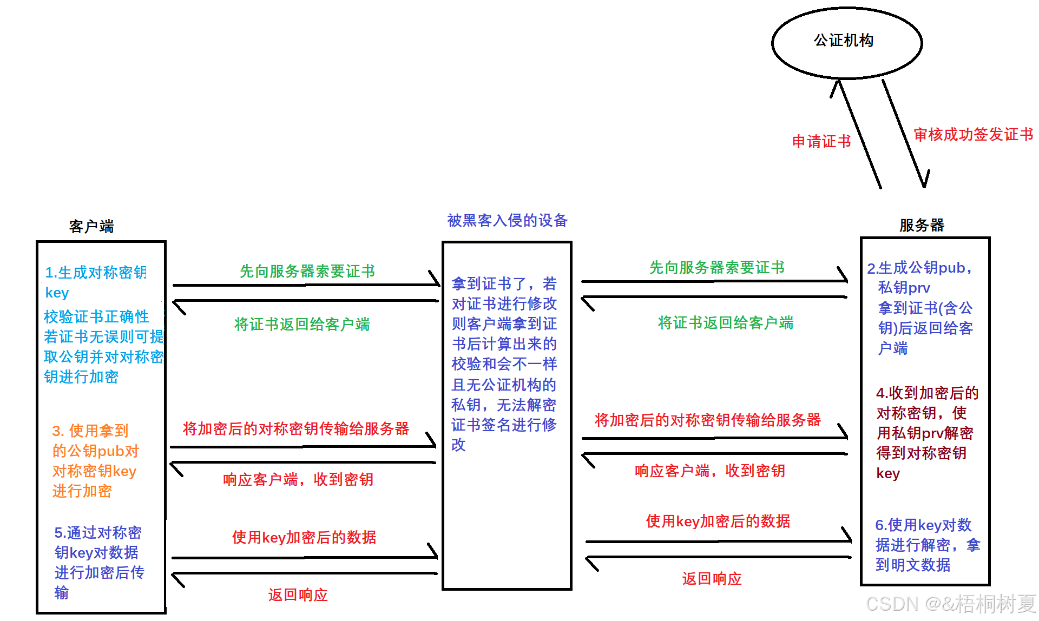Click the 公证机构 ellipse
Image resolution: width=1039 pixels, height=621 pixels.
(x=846, y=42)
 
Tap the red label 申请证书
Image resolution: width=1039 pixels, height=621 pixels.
(x=821, y=142)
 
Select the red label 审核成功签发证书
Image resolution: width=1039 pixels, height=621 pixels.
(x=973, y=134)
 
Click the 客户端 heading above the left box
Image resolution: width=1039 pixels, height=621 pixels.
(x=91, y=226)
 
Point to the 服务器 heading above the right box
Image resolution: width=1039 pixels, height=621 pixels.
(x=922, y=225)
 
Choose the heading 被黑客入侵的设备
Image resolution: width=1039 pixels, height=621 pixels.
(x=507, y=220)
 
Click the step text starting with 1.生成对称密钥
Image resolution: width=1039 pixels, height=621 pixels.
(x=95, y=282)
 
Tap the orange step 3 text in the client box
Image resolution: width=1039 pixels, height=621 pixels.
(x=95, y=460)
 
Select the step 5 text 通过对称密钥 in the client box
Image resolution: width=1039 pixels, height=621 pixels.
(x=98, y=562)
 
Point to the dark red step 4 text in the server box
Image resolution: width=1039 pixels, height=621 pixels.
(x=926, y=433)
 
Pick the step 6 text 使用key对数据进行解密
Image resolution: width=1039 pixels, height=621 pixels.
(x=927, y=545)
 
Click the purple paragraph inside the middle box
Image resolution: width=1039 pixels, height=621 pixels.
(x=504, y=364)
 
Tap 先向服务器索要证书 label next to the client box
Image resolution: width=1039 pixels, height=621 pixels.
(x=307, y=271)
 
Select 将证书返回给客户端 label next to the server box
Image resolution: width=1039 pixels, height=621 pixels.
(x=725, y=323)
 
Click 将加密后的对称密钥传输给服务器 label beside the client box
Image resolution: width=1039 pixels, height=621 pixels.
(x=295, y=428)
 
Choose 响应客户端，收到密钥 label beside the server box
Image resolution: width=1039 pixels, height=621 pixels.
(x=709, y=471)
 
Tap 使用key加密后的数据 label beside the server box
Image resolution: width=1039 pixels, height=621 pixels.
(x=718, y=521)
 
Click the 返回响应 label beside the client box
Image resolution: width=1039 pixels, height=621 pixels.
(x=298, y=594)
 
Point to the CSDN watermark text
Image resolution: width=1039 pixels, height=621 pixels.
(x=950, y=604)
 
